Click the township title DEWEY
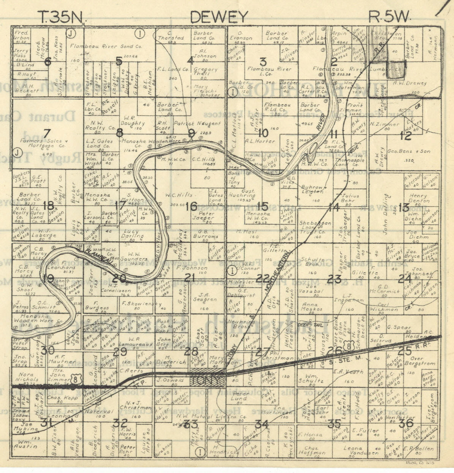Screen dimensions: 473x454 point(218,17)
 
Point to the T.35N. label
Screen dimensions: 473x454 point(63,17)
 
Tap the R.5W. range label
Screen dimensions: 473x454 point(390,17)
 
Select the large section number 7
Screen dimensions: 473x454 point(46,133)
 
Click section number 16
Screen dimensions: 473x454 point(191,206)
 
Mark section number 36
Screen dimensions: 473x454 point(406,423)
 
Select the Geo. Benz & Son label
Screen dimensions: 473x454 point(409,151)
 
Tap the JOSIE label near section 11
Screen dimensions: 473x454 point(353,151)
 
